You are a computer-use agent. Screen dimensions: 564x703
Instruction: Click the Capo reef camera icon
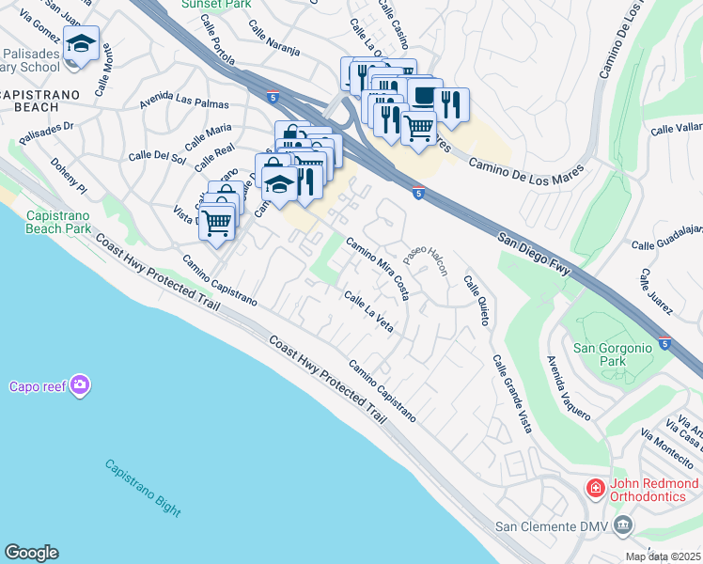click(x=80, y=385)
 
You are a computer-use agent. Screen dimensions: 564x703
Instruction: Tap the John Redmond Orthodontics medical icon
click(x=594, y=488)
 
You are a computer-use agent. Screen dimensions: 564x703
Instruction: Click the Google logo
click(x=31, y=553)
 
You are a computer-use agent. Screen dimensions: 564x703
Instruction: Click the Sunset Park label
click(x=217, y=5)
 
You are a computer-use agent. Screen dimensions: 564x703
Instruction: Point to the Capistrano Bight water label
click(x=142, y=487)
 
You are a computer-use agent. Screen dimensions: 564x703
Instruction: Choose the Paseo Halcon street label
click(x=426, y=257)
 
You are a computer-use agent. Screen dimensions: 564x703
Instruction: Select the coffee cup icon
click(x=425, y=97)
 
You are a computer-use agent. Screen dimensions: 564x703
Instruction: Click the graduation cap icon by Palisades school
click(x=82, y=44)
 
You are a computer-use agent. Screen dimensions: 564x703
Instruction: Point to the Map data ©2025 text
click(x=664, y=556)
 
